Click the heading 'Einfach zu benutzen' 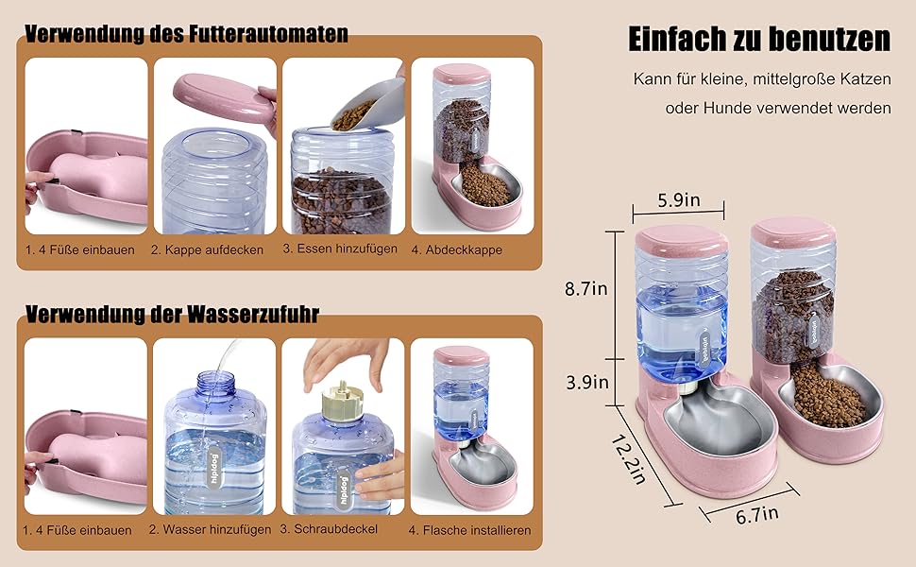pos(759,39)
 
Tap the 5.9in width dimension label pos(679,200)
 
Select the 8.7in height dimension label pos(585,289)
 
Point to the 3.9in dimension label pos(587,383)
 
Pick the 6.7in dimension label pos(757,514)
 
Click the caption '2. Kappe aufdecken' pos(207,249)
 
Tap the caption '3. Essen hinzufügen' pos(340,249)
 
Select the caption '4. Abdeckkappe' pos(456,249)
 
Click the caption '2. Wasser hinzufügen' pos(210,529)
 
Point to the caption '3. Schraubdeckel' pos(329,529)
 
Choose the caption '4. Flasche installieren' pos(469,530)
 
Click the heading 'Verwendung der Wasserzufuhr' pos(172,314)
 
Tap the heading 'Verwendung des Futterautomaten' pos(186,33)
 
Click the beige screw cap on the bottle pos(343,401)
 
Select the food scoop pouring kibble pos(369,106)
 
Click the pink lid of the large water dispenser pos(681,240)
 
